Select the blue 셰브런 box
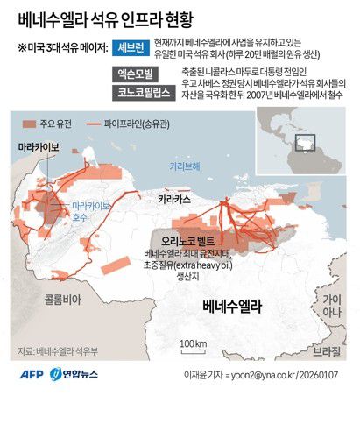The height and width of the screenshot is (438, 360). [x=138, y=47]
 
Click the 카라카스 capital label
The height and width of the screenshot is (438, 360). [x=175, y=200]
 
